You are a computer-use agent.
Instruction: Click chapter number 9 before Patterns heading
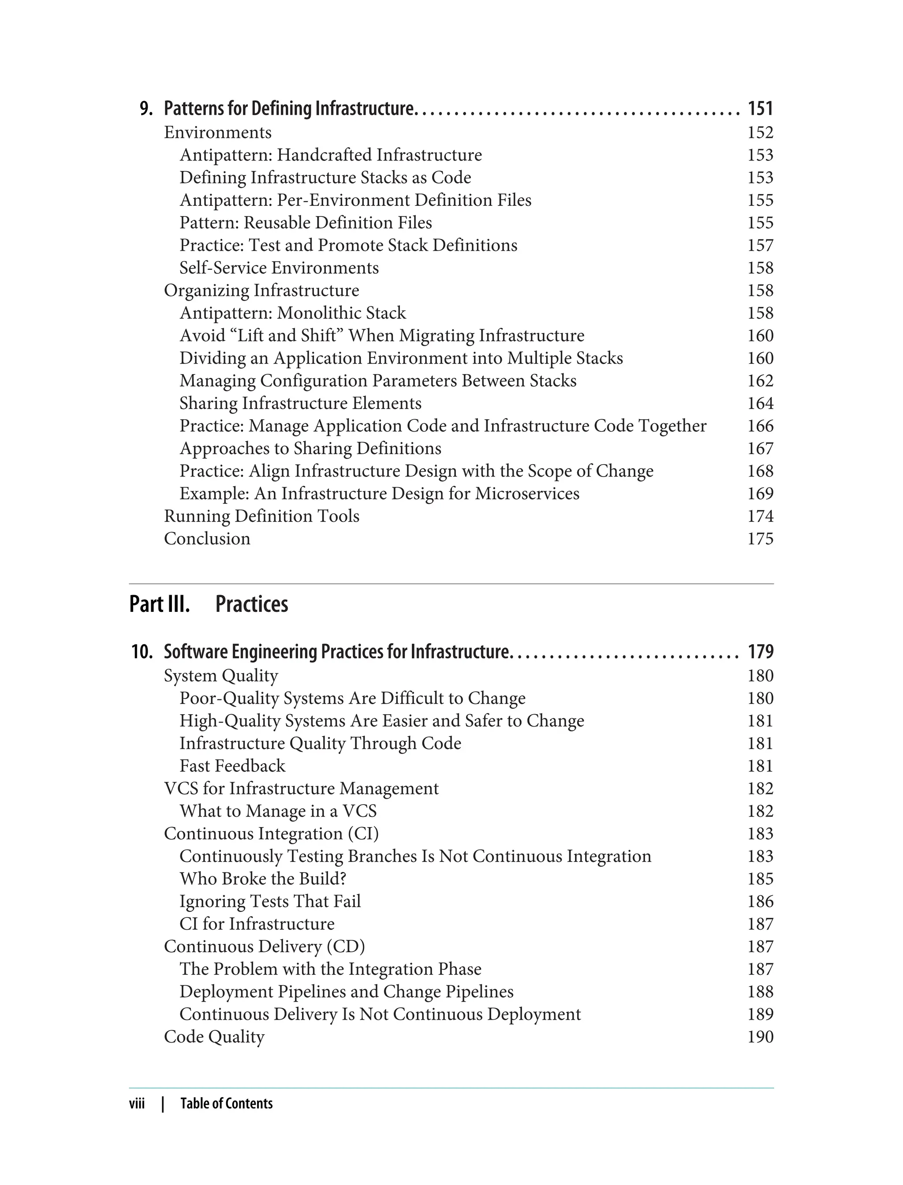(146, 108)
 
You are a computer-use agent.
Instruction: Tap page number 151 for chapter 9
(760, 108)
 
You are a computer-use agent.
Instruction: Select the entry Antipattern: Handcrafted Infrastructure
(331, 155)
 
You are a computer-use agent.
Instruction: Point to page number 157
(760, 245)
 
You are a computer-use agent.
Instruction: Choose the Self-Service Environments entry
(279, 268)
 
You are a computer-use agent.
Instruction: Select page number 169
(760, 493)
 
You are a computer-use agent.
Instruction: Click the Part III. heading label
(160, 604)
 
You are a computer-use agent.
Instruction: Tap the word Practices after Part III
(252, 604)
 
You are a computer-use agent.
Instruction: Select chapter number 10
(142, 652)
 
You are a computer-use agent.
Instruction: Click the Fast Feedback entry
(232, 766)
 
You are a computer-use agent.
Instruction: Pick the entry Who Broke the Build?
(263, 879)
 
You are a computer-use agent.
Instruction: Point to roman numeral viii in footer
(137, 1103)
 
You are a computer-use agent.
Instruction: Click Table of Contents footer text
(226, 1103)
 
